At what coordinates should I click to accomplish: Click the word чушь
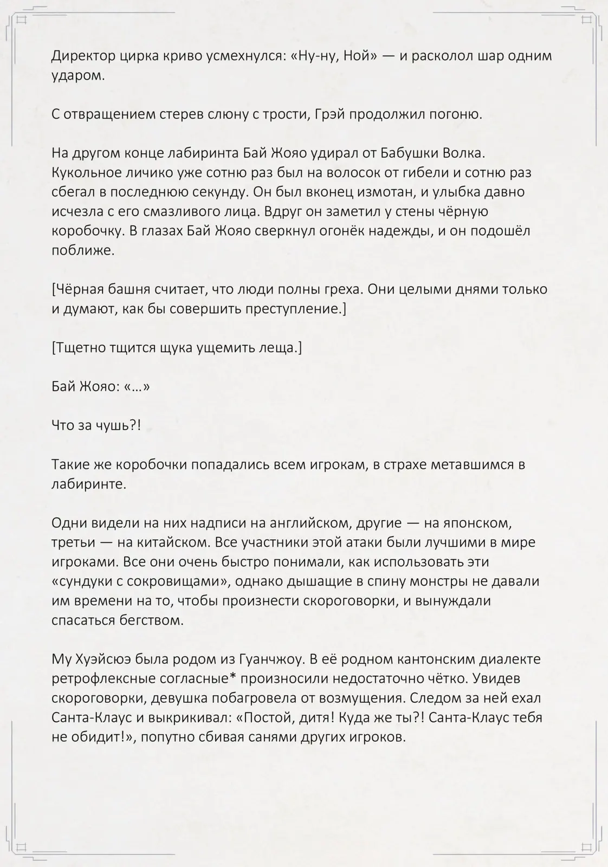coord(118,426)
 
